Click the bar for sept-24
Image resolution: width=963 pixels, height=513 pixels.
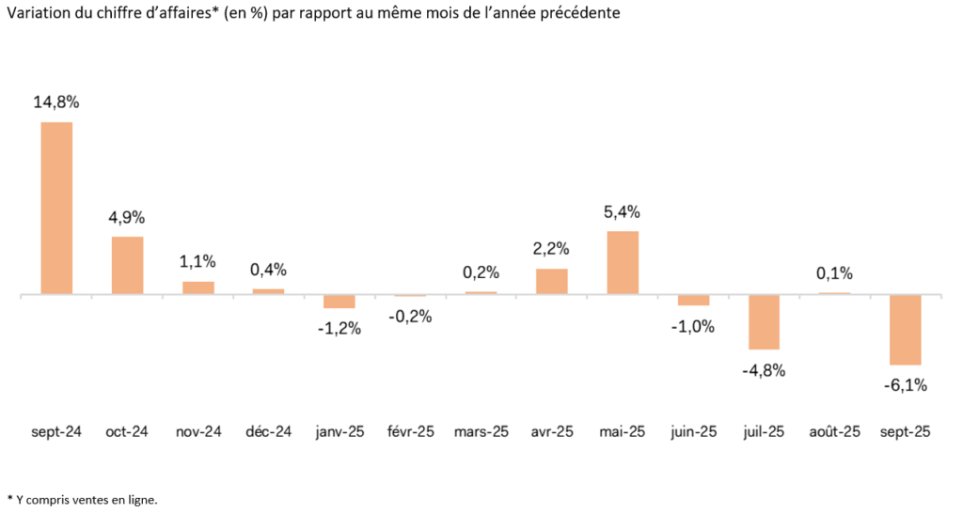(x=56, y=208)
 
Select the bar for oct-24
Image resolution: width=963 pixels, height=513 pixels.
(x=127, y=265)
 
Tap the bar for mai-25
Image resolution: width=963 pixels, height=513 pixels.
(x=622, y=262)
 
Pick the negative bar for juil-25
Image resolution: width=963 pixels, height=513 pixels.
(x=764, y=322)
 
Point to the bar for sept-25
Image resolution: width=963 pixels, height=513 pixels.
(x=905, y=330)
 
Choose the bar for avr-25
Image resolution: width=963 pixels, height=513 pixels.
(x=552, y=281)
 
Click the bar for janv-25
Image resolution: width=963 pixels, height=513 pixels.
(x=339, y=302)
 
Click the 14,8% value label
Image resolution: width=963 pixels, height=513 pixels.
(x=56, y=102)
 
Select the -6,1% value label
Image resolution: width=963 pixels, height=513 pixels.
(x=905, y=384)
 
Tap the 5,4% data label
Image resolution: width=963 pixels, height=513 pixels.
(x=622, y=212)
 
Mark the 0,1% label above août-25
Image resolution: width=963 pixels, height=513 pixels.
(x=834, y=273)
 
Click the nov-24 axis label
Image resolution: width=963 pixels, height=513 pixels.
(x=198, y=432)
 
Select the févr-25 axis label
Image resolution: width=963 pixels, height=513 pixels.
(x=411, y=432)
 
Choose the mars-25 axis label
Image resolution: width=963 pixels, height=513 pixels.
(x=481, y=432)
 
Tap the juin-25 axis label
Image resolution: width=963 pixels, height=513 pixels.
(x=693, y=432)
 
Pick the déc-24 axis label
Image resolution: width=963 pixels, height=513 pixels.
(x=269, y=432)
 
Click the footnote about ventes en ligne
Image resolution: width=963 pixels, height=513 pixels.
(x=82, y=499)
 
